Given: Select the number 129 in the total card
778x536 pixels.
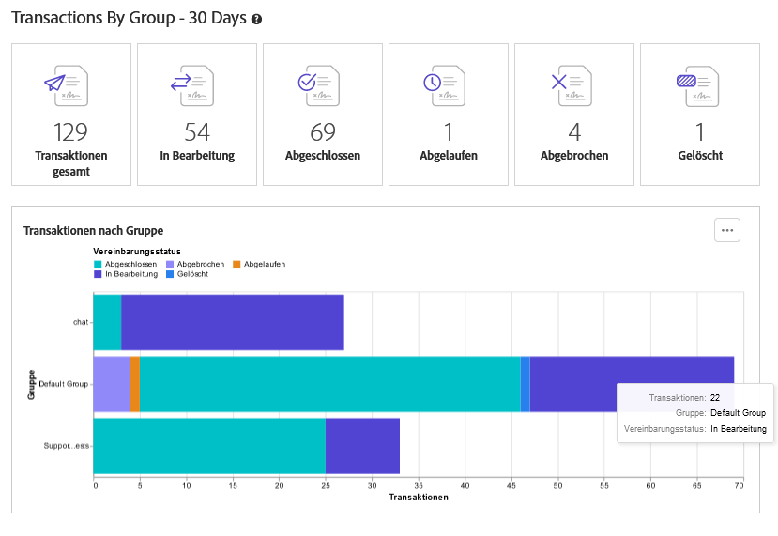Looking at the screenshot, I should tap(70, 132).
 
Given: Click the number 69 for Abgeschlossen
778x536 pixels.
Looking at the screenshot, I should tap(322, 132).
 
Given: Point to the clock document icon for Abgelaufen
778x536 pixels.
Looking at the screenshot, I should tap(448, 84).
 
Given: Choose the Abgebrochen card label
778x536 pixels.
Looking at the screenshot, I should tap(574, 156).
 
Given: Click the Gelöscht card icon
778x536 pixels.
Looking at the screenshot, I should tap(699, 84).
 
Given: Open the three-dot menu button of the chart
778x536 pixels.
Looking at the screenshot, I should tap(727, 229).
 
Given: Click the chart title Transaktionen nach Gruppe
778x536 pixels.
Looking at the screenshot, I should tap(94, 230).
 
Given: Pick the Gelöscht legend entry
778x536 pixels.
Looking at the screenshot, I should tap(192, 274).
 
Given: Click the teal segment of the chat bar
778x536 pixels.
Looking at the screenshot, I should tap(108, 322).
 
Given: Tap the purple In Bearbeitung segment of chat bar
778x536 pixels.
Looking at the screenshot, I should tap(232, 322).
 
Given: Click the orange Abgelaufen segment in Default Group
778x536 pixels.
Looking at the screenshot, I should tap(135, 383).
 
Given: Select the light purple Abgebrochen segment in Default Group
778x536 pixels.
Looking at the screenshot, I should tap(113, 383).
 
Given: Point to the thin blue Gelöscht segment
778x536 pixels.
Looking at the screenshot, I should tap(525, 383).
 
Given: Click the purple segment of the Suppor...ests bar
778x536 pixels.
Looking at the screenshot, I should tap(362, 445).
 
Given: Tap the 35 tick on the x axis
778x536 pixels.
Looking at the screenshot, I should tap(418, 485).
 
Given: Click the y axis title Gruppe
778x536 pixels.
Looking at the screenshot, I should tap(31, 384).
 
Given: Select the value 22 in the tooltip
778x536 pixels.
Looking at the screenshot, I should tap(715, 398).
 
